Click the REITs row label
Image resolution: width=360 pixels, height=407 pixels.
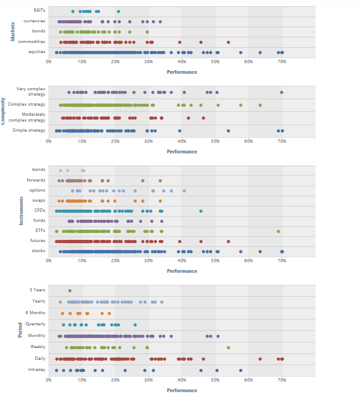point(39,11)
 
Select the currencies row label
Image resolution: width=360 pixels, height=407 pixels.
point(34,21)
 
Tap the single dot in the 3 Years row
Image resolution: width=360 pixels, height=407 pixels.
point(69,290)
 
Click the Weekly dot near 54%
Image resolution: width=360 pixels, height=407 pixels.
point(229,348)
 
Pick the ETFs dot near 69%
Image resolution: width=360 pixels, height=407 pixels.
point(278,231)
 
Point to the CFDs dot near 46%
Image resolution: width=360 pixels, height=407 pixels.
point(201,211)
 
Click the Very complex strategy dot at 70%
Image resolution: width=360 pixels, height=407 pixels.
point(282,92)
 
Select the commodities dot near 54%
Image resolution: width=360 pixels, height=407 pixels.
point(229,42)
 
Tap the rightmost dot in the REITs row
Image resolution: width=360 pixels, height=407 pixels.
point(118,11)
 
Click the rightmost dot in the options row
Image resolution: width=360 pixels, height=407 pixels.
point(184,190)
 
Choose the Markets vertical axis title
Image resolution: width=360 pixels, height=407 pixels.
point(13,31)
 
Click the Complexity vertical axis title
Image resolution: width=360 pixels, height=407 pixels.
point(3,111)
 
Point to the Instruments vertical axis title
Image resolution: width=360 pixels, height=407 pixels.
point(21,211)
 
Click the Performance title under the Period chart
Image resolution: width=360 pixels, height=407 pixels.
point(182,391)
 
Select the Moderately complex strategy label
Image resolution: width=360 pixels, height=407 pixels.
point(33,117)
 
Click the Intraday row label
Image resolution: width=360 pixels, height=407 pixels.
point(37,370)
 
